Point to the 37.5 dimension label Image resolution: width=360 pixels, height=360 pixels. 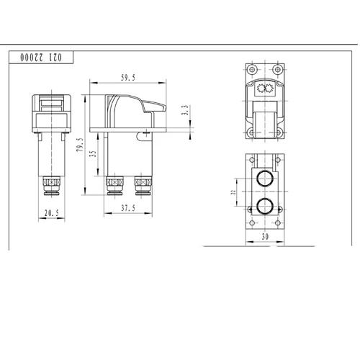tap(129, 209)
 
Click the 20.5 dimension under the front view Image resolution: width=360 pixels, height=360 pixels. tap(50, 214)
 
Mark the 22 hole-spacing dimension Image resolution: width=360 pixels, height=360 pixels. tap(233, 192)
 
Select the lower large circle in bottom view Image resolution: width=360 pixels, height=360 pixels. tap(264, 207)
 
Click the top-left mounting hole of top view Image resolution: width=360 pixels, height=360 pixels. tap(250, 71)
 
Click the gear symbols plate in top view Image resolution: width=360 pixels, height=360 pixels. tap(264, 91)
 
